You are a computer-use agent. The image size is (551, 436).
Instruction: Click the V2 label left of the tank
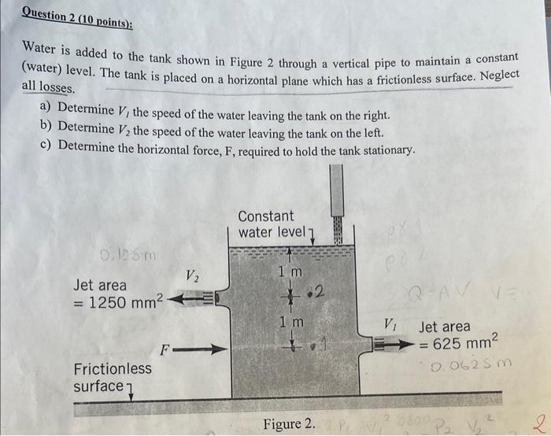point(191,276)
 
